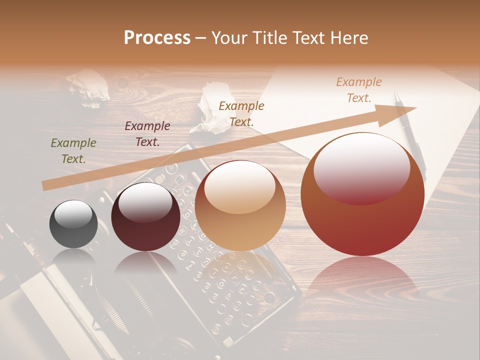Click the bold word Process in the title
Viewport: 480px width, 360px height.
[x=157, y=38]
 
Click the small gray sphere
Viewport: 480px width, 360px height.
[x=73, y=224]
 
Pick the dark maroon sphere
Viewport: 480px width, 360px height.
[x=145, y=217]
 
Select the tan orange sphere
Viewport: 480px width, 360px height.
[x=240, y=206]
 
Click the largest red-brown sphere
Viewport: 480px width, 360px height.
[x=362, y=195]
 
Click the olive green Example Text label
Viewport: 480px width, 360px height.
[x=73, y=151]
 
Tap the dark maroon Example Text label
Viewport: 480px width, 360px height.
[x=147, y=134]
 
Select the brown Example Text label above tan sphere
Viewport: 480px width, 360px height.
[x=241, y=113]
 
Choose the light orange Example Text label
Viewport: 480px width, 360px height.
[x=359, y=90]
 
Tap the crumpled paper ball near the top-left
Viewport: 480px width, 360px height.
[x=89, y=87]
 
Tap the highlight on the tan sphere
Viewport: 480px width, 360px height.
[x=239, y=188]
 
